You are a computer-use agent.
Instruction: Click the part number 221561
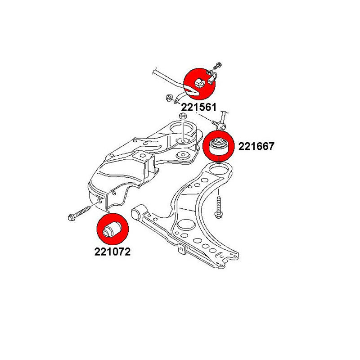(x=199, y=108)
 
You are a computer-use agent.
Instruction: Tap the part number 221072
(x=112, y=252)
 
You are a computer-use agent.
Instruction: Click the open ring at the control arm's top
(x=219, y=170)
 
